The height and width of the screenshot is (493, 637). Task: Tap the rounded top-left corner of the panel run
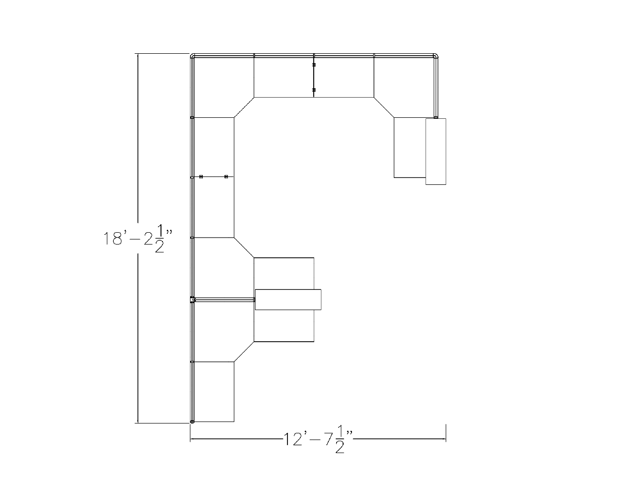click(x=193, y=56)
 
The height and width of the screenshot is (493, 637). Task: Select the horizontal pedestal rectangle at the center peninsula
click(x=288, y=299)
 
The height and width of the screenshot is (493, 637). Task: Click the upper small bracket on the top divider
click(x=314, y=65)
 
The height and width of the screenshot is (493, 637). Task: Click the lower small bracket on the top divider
click(x=314, y=90)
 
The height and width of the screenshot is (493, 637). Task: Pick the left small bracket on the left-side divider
click(x=201, y=176)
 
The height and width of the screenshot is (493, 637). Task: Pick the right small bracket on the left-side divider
click(x=226, y=176)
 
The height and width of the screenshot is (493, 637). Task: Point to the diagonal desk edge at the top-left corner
click(x=244, y=107)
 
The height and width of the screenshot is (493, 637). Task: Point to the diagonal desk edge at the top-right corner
click(x=384, y=107)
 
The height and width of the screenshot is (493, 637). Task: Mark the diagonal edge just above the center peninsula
click(x=244, y=247)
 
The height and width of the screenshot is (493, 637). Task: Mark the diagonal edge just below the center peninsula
click(x=244, y=352)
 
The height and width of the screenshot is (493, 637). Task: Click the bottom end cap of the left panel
click(x=192, y=422)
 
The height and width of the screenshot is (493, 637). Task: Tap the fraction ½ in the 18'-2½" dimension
click(x=159, y=239)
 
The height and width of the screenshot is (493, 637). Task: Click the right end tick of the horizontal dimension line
click(x=446, y=433)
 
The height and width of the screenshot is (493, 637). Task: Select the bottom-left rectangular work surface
click(x=214, y=392)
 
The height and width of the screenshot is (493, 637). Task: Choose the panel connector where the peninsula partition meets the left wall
click(x=193, y=299)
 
